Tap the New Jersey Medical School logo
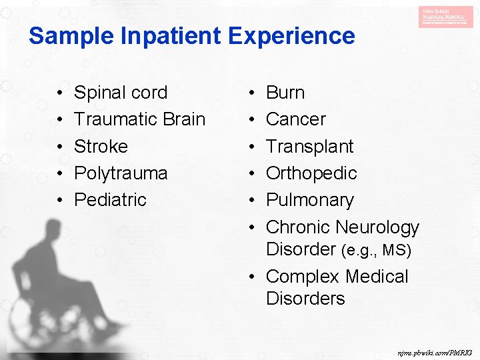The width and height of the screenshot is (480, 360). click(x=445, y=17)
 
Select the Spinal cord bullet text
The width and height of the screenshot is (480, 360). click(x=120, y=93)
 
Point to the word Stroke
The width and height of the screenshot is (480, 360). click(x=101, y=146)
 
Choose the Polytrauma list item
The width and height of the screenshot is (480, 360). click(x=120, y=173)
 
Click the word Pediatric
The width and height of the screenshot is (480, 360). click(x=110, y=199)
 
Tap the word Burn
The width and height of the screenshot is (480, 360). click(x=285, y=93)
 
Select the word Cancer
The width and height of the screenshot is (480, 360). click(x=295, y=119)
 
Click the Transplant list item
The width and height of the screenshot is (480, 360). click(x=309, y=146)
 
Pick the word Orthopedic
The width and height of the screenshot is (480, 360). click(x=311, y=173)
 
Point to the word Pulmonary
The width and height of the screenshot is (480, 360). click(x=309, y=199)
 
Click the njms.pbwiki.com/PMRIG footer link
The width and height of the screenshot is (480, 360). click(x=434, y=351)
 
